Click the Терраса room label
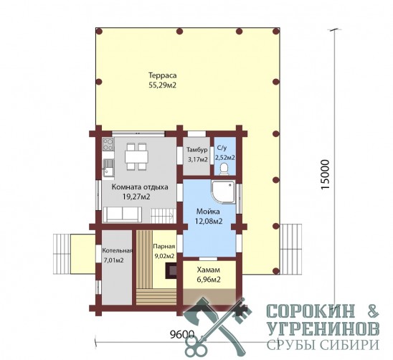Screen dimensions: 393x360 point(163,75)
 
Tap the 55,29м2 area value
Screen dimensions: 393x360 point(163,85)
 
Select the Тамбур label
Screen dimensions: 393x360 point(197,150)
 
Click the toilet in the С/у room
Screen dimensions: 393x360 point(224,169)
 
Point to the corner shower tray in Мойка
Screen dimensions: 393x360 point(224,192)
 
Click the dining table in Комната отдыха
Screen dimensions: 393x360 point(136,157)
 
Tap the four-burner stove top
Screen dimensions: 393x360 point(108,144)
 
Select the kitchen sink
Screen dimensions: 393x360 point(108,169)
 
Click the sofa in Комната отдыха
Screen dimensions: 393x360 point(123,214)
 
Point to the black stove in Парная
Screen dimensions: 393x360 point(171,270)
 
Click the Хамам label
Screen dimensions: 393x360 point(209,270)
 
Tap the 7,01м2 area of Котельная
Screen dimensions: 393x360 point(114,260)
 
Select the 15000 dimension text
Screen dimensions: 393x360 point(325,175)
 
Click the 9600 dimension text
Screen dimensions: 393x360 point(182,334)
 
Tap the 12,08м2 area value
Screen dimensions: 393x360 point(209,222)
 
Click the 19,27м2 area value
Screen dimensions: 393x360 point(136,196)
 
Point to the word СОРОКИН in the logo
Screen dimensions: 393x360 point(311,311)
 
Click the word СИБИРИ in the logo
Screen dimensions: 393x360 point(348,345)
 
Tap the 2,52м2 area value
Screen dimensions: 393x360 point(224,158)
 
